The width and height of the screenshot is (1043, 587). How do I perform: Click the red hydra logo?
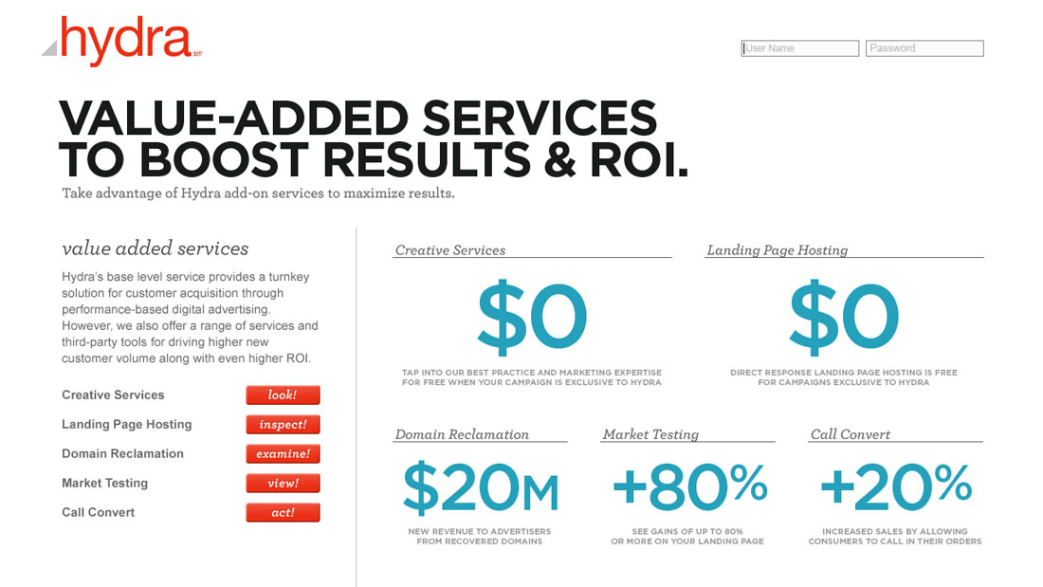pos(126,41)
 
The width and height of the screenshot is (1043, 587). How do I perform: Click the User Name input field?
pos(799,48)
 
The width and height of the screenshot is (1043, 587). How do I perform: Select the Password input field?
pos(924,48)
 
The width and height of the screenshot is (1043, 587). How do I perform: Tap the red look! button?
pos(283,394)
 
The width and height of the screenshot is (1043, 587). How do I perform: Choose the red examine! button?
pos(283,454)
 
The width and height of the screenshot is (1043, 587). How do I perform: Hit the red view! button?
pos(283,484)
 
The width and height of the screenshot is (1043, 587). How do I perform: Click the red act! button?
pos(283,512)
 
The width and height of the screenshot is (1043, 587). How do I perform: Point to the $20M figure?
pos(481,487)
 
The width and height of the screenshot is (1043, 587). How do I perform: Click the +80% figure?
pos(689,486)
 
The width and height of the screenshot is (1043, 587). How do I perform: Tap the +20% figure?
pos(896,486)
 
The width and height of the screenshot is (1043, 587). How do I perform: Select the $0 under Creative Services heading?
pos(532,317)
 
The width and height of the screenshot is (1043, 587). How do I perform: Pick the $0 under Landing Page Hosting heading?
pos(844,317)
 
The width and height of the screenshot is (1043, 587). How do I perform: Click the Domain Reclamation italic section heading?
pos(462,434)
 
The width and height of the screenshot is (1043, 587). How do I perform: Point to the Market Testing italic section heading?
pos(650,434)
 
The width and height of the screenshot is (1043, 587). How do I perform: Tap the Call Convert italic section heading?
pos(851,434)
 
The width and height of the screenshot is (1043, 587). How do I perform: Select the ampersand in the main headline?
pos(560,160)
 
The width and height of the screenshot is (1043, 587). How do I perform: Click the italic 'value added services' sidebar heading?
pos(155,248)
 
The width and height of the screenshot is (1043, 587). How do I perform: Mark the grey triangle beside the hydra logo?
pos(50,48)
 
